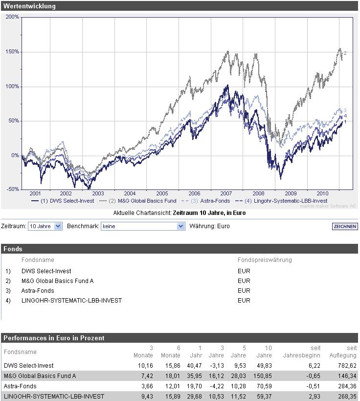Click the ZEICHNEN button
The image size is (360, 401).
pyautogui.click(x=344, y=226)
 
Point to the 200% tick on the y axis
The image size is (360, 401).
pyautogui.click(x=13, y=17)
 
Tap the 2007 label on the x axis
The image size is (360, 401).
pyautogui.click(x=226, y=193)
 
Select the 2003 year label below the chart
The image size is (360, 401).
pyautogui.click(x=98, y=193)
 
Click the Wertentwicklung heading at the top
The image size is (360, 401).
pyautogui.click(x=30, y=6)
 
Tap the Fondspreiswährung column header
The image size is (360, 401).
pyautogui.click(x=265, y=260)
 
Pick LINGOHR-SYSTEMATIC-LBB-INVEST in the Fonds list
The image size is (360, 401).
pyautogui.click(x=71, y=301)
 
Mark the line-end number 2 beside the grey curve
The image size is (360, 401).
pyautogui.click(x=345, y=53)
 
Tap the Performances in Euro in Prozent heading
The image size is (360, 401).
pyautogui.click(x=54, y=338)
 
